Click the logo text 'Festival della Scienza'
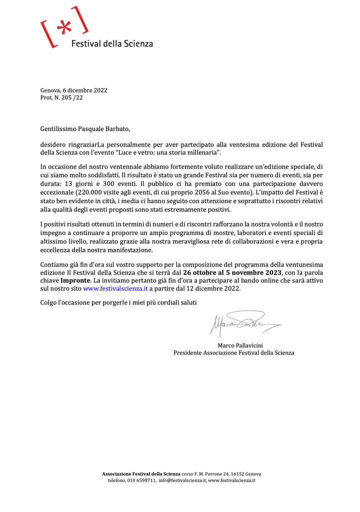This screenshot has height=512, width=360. pos(112,44)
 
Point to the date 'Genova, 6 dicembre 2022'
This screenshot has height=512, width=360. pos(73,90)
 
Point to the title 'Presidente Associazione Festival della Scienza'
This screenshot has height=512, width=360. pos(234,352)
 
